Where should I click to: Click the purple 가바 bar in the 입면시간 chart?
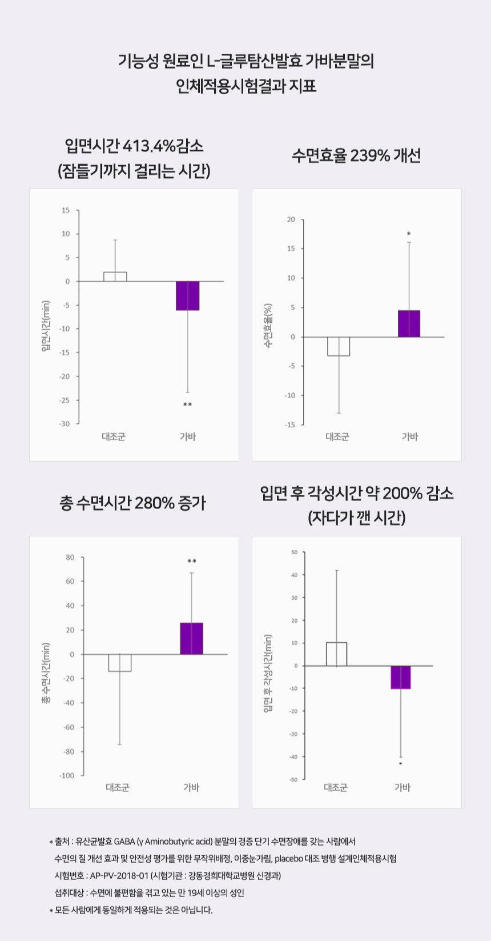pyautogui.click(x=187, y=295)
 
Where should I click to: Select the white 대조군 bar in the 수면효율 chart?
pyautogui.click(x=339, y=346)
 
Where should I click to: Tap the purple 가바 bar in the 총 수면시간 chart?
pyautogui.click(x=191, y=638)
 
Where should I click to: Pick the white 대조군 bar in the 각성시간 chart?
pyautogui.click(x=336, y=654)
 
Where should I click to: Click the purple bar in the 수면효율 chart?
pyautogui.click(x=409, y=323)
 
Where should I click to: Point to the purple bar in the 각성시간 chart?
pyautogui.click(x=401, y=677)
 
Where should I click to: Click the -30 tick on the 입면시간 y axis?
pyautogui.click(x=65, y=423)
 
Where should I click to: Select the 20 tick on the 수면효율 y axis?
pyautogui.click(x=291, y=220)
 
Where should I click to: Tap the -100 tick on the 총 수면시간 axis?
pyautogui.click(x=66, y=775)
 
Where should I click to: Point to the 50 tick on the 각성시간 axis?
pyautogui.click(x=294, y=552)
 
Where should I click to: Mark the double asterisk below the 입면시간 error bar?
pyautogui.click(x=187, y=405)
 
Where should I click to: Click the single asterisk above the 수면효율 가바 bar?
pyautogui.click(x=409, y=234)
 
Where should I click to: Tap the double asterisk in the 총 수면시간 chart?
pyautogui.click(x=192, y=561)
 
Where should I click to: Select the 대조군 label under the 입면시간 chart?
pyautogui.click(x=114, y=437)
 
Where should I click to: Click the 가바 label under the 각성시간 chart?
pyautogui.click(x=403, y=787)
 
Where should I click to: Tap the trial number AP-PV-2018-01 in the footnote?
pyautogui.click(x=119, y=875)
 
